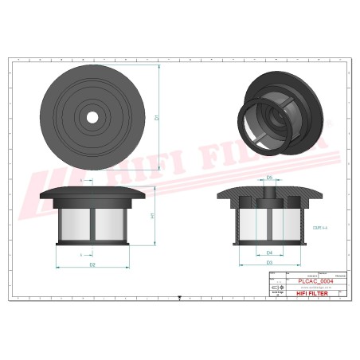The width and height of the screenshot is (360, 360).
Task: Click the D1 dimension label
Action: pyautogui.click(x=158, y=119)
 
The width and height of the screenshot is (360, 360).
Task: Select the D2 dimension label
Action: pyautogui.click(x=92, y=264)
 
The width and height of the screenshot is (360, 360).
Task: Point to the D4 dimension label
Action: pyautogui.click(x=269, y=252)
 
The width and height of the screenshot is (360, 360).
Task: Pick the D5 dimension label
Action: pyautogui.click(x=269, y=177)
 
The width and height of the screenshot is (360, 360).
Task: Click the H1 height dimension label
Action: pyautogui.click(x=153, y=216)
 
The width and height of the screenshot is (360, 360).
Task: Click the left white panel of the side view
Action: pyautogui.click(x=72, y=222)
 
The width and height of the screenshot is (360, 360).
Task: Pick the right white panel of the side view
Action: pyautogui.click(x=112, y=222)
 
